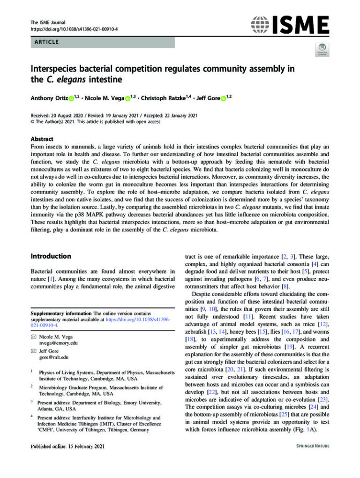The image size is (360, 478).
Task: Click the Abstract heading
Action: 42,139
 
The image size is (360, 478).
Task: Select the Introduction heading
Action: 51,256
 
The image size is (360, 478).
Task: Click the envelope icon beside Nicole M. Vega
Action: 33,336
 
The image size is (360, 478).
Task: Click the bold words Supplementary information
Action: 60,313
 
